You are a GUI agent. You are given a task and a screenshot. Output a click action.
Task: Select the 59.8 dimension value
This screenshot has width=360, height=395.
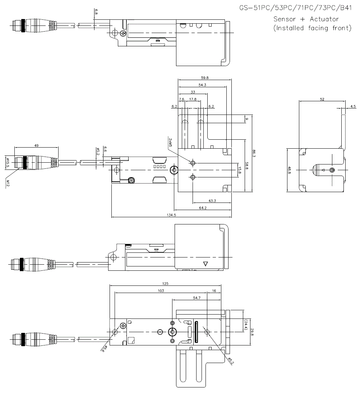pos(204,77)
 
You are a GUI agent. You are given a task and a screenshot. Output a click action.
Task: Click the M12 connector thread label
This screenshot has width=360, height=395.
pos(7,183)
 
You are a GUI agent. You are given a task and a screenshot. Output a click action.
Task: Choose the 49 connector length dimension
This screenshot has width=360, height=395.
pos(36,145)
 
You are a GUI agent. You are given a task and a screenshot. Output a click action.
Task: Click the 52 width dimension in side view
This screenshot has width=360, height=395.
pos(322,99)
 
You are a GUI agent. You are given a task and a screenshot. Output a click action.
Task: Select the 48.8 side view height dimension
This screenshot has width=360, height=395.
pos(289,169)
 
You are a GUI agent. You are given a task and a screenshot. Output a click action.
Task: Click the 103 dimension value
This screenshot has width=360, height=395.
pos(161,291)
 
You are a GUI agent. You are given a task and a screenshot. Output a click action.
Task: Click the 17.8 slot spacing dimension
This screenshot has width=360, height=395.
pos(193,99)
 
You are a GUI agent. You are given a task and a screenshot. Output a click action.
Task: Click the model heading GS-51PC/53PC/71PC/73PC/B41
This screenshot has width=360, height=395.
pos(295,8)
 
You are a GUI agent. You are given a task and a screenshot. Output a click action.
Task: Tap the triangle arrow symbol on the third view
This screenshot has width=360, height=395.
pos(206,264)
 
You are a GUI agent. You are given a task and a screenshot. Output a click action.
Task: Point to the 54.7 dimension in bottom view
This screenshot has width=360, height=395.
pos(197,298)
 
